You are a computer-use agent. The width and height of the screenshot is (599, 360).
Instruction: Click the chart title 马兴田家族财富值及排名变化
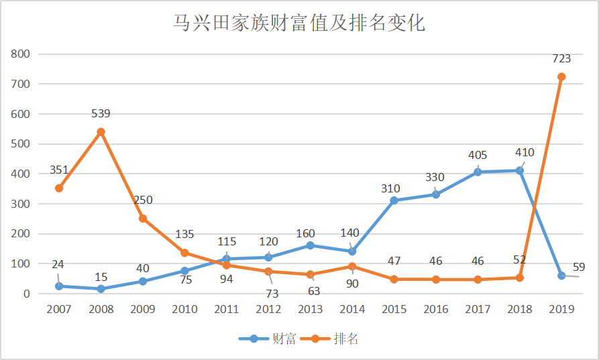pyautogui.click(x=299, y=23)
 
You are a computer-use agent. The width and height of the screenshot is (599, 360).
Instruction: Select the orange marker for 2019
pyautogui.click(x=561, y=76)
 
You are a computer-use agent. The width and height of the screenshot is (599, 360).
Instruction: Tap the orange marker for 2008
pyautogui.click(x=101, y=132)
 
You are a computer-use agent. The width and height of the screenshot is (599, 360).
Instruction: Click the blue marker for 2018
pyautogui.click(x=520, y=171)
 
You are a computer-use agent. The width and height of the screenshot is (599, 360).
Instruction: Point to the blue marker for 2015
pyautogui.click(x=394, y=200)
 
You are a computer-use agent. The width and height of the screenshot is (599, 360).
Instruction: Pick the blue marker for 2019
pyautogui.click(x=561, y=276)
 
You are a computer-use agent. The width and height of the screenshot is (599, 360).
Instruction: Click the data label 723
pyautogui.click(x=561, y=58)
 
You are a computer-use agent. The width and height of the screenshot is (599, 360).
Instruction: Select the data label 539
pyautogui.click(x=101, y=113)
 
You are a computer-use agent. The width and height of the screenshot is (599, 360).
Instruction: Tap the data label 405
pyautogui.click(x=478, y=155)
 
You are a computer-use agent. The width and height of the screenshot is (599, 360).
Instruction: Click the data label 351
pyautogui.click(x=59, y=170)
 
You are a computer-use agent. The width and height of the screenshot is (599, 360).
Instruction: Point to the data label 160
pyautogui.click(x=306, y=233)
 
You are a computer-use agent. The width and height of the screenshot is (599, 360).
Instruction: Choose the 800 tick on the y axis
pyautogui.click(x=20, y=54)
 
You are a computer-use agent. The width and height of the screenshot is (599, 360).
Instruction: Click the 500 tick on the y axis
pyautogui.click(x=20, y=144)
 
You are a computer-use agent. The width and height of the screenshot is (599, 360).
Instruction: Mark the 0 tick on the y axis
pyautogui.click(x=26, y=294)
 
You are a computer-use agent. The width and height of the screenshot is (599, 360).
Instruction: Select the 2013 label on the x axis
pyautogui.click(x=310, y=309)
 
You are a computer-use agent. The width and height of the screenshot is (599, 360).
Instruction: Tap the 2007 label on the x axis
pyautogui.click(x=59, y=309)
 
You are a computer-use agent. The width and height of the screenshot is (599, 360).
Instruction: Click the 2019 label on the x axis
pyautogui.click(x=561, y=309)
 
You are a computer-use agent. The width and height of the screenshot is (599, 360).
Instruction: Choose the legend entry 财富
pyautogui.click(x=268, y=339)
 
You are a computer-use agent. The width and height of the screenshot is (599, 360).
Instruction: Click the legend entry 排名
pyautogui.click(x=329, y=339)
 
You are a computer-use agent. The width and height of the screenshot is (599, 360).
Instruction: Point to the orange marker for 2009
pyautogui.click(x=142, y=219)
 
